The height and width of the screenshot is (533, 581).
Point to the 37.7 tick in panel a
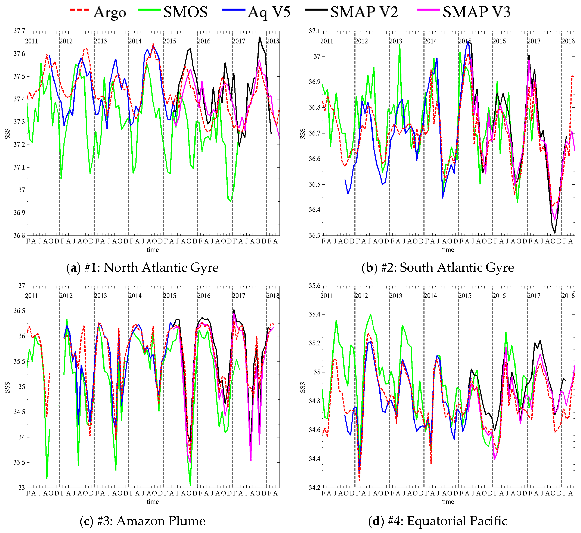19,31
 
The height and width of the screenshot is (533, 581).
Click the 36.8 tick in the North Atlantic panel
19,235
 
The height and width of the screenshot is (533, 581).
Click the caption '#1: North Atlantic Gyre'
143,267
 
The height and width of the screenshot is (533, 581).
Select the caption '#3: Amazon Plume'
143,521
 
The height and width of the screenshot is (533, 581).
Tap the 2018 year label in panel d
568,296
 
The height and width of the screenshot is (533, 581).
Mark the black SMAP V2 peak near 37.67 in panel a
259,37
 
